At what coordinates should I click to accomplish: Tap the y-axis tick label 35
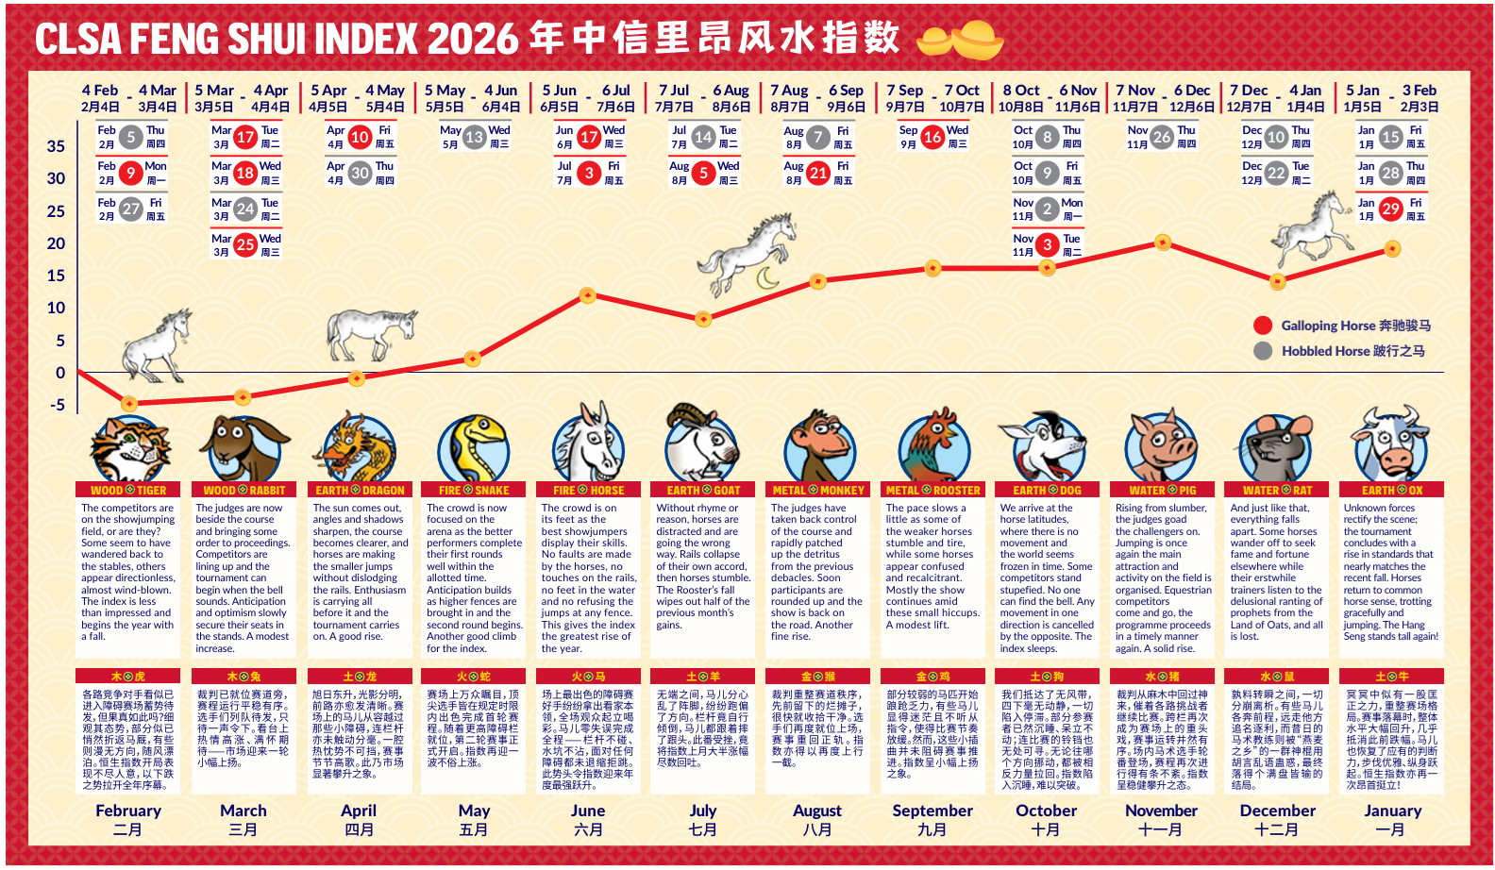tap(56, 146)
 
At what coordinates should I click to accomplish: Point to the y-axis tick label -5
tap(57, 405)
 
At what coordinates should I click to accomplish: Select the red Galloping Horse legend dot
tap(1263, 326)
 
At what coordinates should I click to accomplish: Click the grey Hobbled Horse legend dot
tap(1263, 351)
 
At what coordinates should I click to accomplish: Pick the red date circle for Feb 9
tap(131, 173)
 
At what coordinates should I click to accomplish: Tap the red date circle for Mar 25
tap(245, 245)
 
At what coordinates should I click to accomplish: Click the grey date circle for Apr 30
tap(360, 173)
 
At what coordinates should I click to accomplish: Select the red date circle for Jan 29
tap(1390, 209)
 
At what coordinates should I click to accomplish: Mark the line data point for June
tap(587, 295)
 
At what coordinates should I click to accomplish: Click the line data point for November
tap(1162, 243)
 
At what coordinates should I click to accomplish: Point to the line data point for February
tap(129, 404)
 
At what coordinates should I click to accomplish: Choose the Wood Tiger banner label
tap(128, 491)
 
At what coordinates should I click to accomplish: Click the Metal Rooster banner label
tap(932, 491)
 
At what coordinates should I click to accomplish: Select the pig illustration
tap(1162, 446)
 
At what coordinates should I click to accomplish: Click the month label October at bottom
tap(1046, 811)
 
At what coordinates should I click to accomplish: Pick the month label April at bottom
tap(359, 811)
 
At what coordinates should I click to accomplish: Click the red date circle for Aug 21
tap(817, 173)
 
